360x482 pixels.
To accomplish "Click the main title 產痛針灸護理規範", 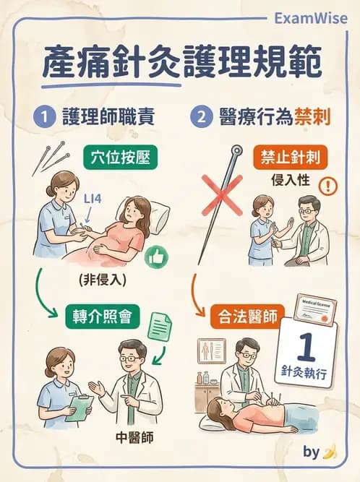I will click(181, 63).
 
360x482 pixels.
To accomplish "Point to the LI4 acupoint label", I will click(93, 197).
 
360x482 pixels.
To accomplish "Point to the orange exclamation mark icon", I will click(328, 186).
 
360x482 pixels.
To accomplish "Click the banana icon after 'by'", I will click(330, 452).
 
